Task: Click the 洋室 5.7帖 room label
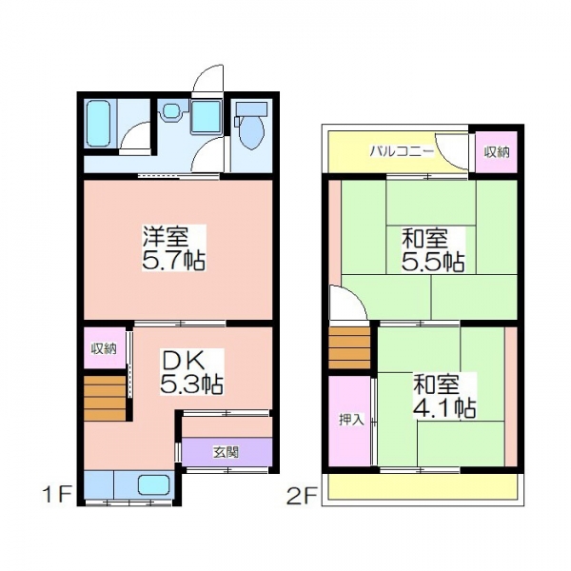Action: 174,248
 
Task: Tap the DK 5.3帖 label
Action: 191,372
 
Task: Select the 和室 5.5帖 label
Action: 433,249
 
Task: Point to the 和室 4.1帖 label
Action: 444,395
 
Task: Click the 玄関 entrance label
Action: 226,452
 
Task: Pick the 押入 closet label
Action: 351,420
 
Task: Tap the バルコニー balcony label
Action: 402,150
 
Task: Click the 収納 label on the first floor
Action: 104,349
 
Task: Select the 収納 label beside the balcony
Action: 497,152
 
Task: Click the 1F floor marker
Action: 56,495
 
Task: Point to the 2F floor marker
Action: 302,497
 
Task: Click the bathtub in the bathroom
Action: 98,123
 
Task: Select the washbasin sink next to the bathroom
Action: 171,110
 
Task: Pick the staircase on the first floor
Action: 105,398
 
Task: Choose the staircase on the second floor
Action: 349,348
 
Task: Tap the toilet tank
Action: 251,108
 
